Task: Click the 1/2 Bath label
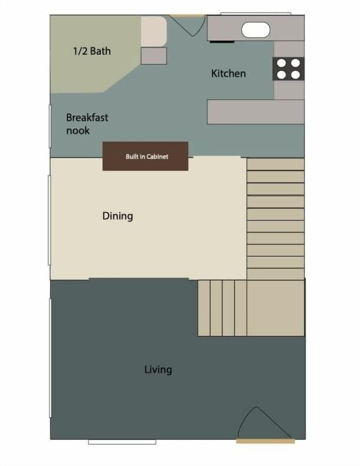92,51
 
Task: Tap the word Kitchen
228,74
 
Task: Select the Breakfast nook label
87,124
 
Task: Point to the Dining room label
117,216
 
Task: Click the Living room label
158,370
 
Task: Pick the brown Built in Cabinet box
145,156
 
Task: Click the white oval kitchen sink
256,30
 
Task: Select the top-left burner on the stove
281,63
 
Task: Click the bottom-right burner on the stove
295,75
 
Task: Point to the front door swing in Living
262,424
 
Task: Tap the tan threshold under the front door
265,442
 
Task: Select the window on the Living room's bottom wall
122,442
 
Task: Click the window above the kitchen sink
255,14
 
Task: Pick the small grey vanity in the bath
154,56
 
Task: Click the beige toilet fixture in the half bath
154,31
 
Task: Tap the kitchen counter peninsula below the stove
255,112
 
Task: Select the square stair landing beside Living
276,308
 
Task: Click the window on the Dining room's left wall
49,220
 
